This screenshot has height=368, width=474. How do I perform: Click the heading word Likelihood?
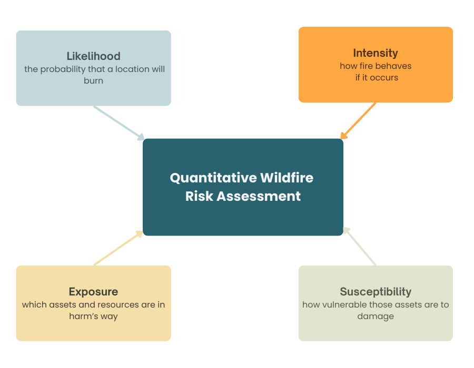coord(93,56)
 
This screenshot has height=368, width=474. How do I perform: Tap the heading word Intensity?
coord(376,53)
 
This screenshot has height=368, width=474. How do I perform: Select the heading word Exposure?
coord(93,292)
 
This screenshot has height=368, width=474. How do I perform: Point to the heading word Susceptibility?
coord(376,292)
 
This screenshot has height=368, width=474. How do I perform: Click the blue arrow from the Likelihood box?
coord(118,122)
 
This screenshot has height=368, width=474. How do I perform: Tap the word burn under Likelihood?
coord(93,81)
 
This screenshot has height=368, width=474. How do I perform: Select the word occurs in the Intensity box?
coord(384,78)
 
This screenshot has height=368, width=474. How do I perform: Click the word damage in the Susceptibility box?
coord(376,316)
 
